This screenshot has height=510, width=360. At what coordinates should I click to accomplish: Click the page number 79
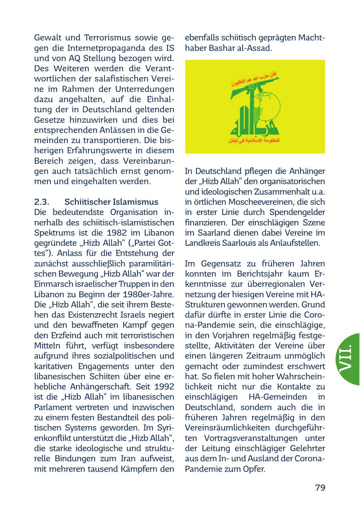point(320,488)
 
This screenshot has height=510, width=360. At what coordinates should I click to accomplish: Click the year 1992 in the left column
point(164,387)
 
